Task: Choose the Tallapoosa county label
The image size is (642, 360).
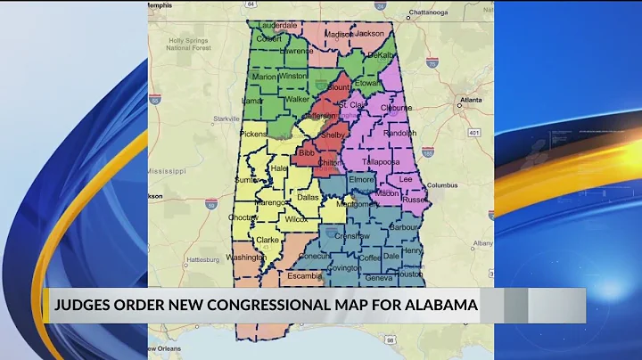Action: pos(383,162)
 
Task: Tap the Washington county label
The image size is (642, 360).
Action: pos(246,258)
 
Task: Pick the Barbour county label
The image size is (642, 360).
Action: pos(403,226)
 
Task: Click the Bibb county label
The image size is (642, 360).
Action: pos(307,153)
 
